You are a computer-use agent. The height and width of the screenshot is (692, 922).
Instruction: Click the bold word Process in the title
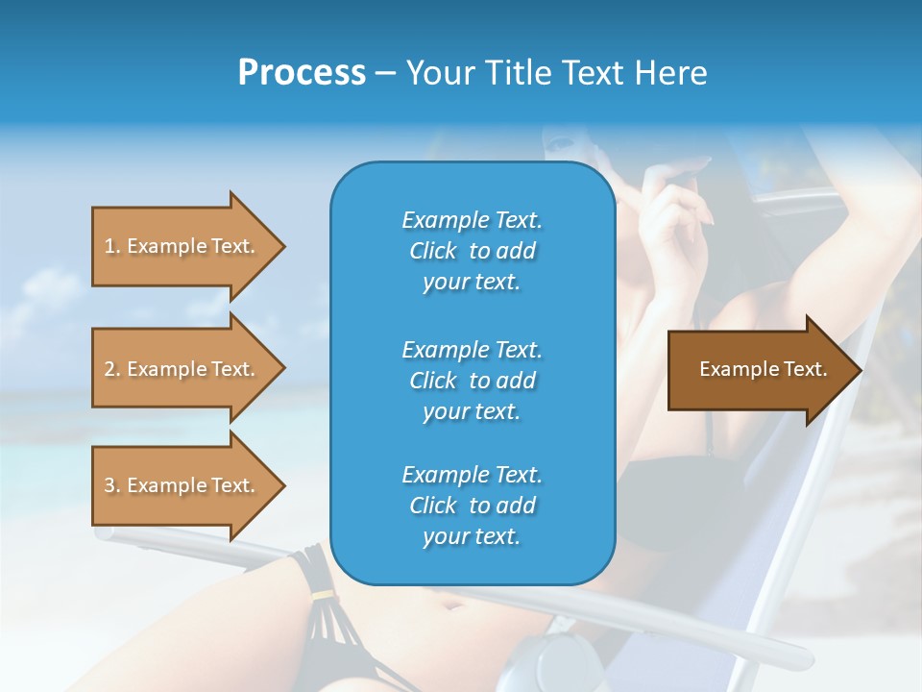302,73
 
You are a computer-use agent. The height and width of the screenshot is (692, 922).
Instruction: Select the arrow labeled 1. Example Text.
182,246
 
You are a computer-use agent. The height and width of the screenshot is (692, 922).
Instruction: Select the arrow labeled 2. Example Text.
182,369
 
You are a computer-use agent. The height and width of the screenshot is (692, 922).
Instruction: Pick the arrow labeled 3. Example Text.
182,485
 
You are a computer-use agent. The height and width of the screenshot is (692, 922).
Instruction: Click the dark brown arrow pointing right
759,369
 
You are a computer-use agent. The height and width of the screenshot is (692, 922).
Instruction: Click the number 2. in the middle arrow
112,369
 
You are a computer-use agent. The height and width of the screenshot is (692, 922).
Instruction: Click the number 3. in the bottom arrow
112,485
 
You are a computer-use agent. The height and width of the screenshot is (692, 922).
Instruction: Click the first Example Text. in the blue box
472,220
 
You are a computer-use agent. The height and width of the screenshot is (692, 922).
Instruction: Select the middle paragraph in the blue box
472,381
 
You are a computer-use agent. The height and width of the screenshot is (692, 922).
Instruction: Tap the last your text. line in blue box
472,536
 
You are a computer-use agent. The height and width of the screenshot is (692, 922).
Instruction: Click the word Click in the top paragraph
432,251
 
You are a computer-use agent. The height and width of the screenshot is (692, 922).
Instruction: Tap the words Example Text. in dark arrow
763,369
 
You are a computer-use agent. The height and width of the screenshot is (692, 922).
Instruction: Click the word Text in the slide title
593,73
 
